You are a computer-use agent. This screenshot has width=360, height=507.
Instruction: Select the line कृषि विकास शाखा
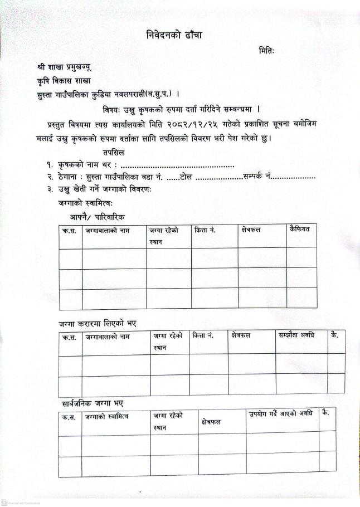point(62,80)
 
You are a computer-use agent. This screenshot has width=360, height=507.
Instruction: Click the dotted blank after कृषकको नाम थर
point(178,165)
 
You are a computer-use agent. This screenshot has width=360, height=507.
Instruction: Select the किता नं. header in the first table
point(205,230)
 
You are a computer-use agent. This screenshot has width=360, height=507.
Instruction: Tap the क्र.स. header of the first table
point(69,230)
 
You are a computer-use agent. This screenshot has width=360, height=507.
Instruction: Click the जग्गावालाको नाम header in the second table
point(108,337)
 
